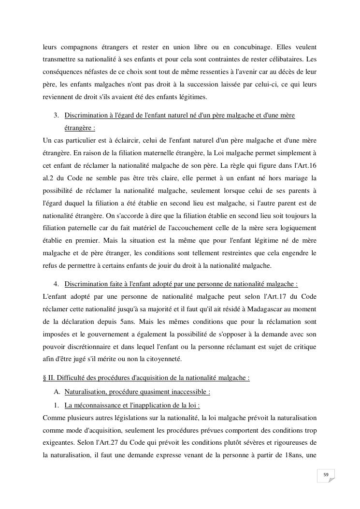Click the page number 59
point(326,475)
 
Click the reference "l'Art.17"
point(276,296)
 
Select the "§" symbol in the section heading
point(45,378)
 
